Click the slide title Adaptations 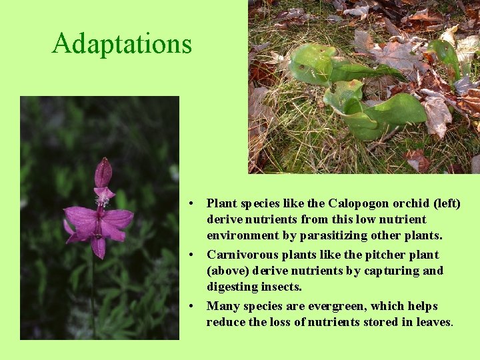pyautogui.click(x=122, y=43)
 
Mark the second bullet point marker pyautogui.click(x=191, y=255)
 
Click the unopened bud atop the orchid pyautogui.click(x=103, y=173)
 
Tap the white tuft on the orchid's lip pyautogui.click(x=102, y=200)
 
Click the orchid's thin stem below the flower pyautogui.click(x=93, y=293)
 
